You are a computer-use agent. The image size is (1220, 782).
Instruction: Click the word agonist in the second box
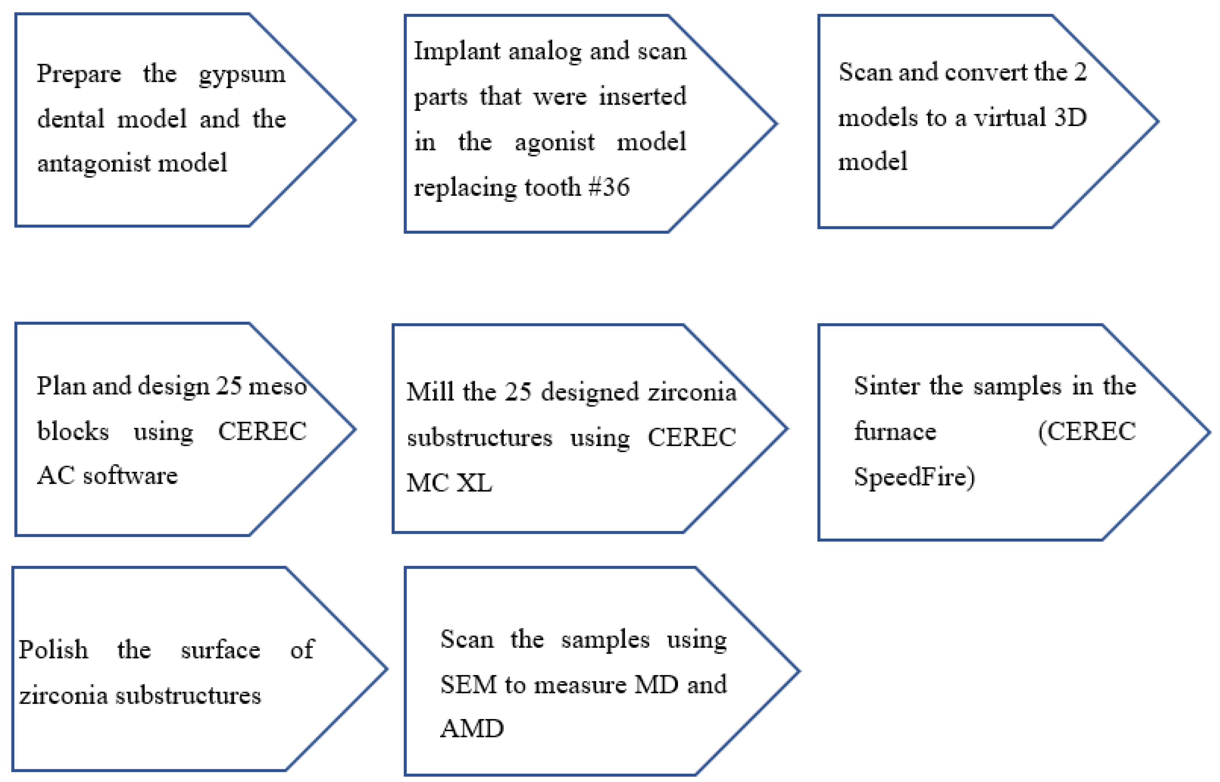click(x=554, y=142)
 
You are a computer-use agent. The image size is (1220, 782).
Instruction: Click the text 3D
click(x=1070, y=118)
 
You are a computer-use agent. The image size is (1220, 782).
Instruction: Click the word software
click(x=130, y=476)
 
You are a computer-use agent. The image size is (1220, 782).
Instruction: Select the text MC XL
click(x=449, y=482)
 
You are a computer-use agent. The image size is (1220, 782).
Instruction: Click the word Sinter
click(x=886, y=386)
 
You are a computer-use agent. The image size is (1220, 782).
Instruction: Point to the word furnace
click(x=895, y=431)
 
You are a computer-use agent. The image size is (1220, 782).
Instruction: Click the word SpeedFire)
click(x=914, y=477)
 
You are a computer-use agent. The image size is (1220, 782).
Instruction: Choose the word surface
click(x=220, y=650)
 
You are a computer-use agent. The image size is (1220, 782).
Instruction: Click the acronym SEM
click(x=468, y=685)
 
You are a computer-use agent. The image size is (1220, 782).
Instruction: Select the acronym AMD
click(x=472, y=729)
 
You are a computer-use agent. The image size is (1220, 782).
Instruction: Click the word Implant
click(x=457, y=51)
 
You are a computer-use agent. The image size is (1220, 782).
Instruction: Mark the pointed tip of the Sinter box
click(x=1209, y=433)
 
